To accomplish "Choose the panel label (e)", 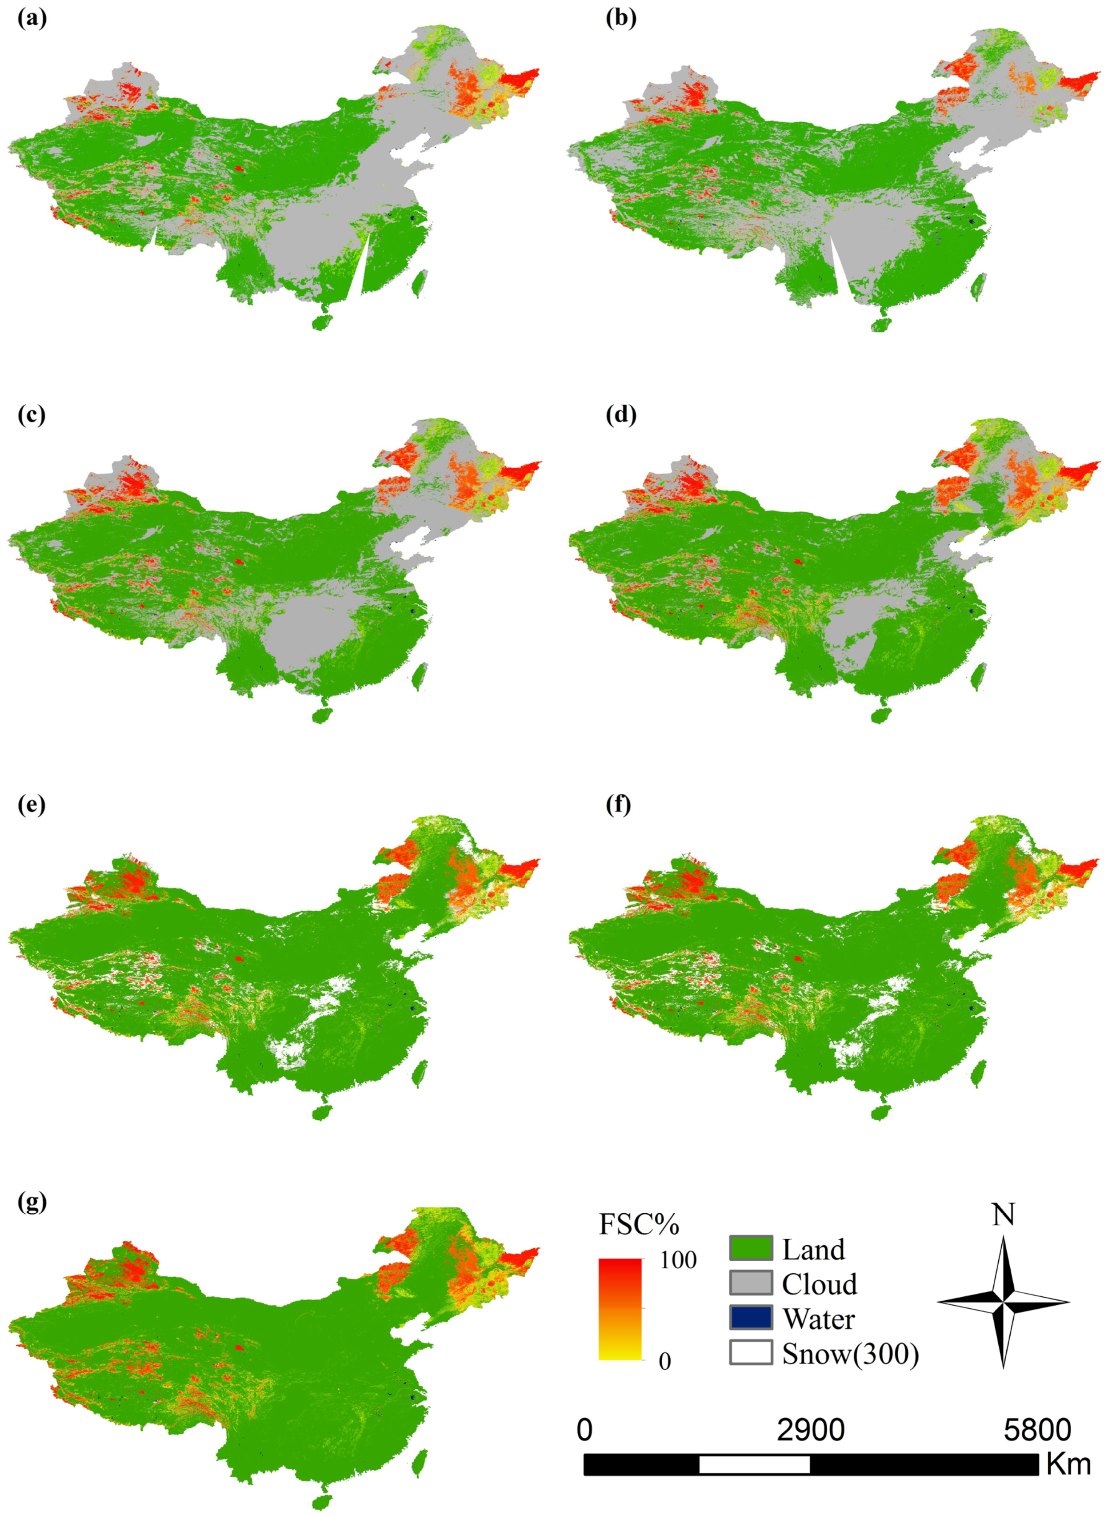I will (x=32, y=804).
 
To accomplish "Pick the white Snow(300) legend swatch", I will (x=751, y=1352).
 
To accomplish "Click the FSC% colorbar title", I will (x=639, y=1224).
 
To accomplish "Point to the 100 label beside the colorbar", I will (x=678, y=1260).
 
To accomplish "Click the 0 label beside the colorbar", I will (x=664, y=1361).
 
